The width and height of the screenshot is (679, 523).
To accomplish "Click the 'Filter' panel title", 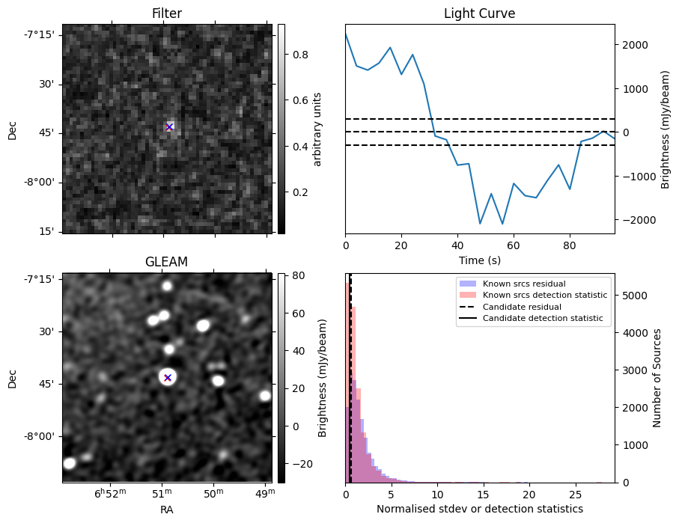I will (166, 13).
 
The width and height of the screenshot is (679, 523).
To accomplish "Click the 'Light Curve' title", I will (479, 13).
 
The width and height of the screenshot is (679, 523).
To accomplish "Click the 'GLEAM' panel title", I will (166, 261).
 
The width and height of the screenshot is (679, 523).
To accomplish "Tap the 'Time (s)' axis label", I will (479, 260).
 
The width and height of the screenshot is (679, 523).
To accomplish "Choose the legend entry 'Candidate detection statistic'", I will (542, 318).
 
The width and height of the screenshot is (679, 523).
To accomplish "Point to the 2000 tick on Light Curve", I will (632, 45).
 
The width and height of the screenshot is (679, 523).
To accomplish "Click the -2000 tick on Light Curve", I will (634, 220).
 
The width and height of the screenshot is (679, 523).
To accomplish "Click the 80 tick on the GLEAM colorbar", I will (293, 275).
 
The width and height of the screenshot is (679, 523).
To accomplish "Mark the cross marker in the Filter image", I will (169, 127).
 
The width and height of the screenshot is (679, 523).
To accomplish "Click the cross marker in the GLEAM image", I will (168, 378).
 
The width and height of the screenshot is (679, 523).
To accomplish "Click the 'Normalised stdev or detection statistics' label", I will (479, 510).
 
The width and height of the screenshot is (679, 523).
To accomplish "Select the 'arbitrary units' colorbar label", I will (318, 129).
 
